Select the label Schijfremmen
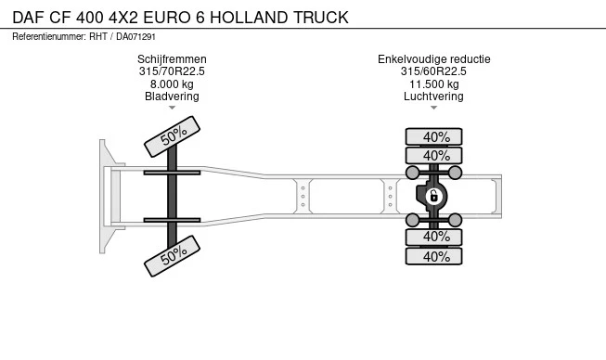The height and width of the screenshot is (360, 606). [x=172, y=59]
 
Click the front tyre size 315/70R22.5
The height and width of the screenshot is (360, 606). [x=172, y=71]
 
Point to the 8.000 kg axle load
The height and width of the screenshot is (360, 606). [x=172, y=84]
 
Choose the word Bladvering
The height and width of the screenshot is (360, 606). [x=172, y=96]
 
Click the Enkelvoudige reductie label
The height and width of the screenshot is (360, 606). [x=433, y=59]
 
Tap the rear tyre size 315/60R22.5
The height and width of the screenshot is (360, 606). [x=433, y=71]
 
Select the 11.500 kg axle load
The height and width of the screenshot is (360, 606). [x=433, y=84]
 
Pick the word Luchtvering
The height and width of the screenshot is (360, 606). [x=433, y=96]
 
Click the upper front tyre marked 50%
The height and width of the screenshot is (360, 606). [x=173, y=136]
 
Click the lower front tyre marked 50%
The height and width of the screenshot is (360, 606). [x=173, y=254]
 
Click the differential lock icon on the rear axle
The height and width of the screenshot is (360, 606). [x=433, y=196]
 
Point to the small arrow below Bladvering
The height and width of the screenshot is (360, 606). [x=173, y=108]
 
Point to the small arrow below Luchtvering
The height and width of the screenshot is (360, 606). [x=433, y=108]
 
